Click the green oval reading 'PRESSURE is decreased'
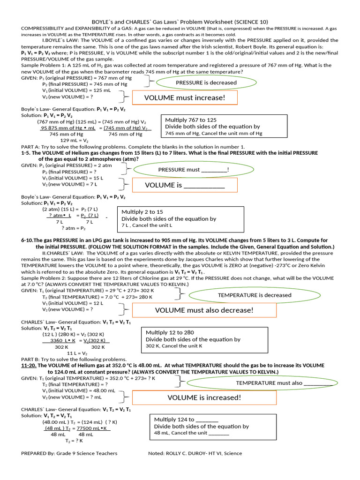click(206, 83)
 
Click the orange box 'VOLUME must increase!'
click(185, 97)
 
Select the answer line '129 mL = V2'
click(75, 140)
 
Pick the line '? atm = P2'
click(74, 228)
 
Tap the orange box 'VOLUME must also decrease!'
click(204, 310)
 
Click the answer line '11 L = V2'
click(77, 353)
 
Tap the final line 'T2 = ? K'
click(74, 441)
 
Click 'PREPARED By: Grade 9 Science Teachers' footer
click(69, 453)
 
